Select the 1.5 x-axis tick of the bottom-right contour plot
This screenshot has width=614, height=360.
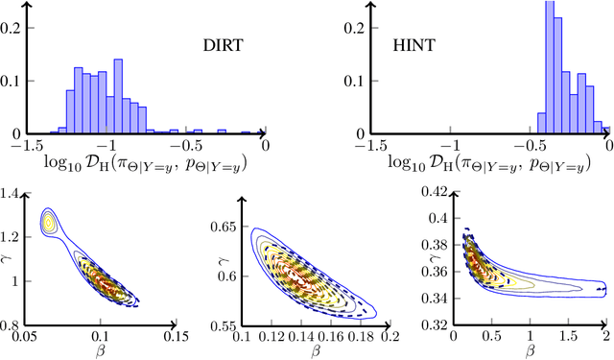click(x=568, y=337)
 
